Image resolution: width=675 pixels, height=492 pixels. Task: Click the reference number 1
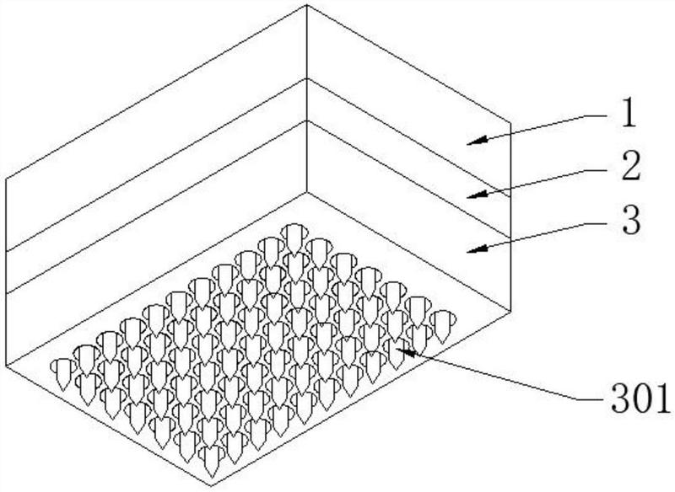point(628,114)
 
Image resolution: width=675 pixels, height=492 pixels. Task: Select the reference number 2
point(630,166)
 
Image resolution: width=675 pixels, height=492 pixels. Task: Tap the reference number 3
point(631,220)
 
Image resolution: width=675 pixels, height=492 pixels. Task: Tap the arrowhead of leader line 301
point(406,351)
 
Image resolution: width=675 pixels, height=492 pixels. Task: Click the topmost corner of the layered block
point(306,5)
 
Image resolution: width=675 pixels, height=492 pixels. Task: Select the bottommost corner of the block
point(211,486)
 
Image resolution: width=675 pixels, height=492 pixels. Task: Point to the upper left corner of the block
point(6,178)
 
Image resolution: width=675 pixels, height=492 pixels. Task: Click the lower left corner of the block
point(6,366)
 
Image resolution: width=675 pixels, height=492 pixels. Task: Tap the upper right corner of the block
point(510,123)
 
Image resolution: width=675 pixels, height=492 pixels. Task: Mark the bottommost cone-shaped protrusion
point(212,461)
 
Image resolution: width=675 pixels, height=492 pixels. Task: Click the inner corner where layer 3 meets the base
point(306,193)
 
